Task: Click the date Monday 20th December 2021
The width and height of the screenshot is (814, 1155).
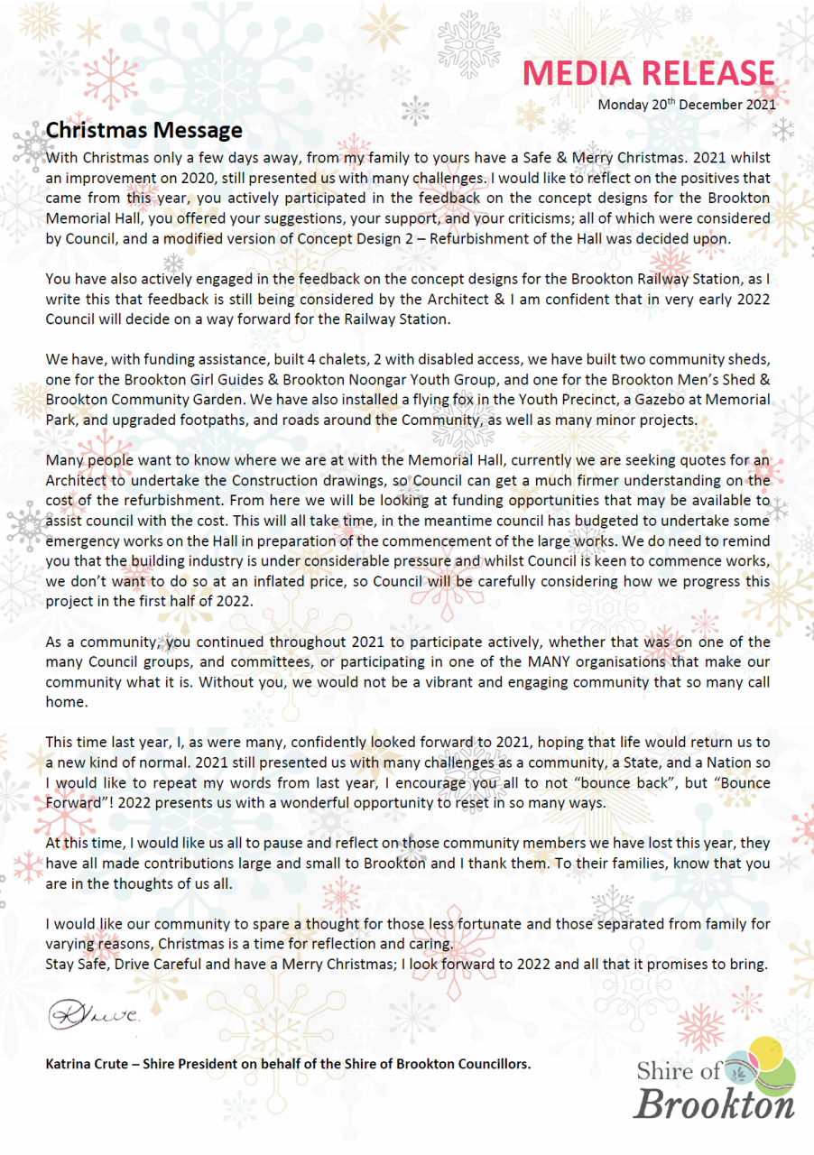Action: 687,105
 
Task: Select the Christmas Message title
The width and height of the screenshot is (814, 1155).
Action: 144,131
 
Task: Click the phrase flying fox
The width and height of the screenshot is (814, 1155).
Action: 343,399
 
